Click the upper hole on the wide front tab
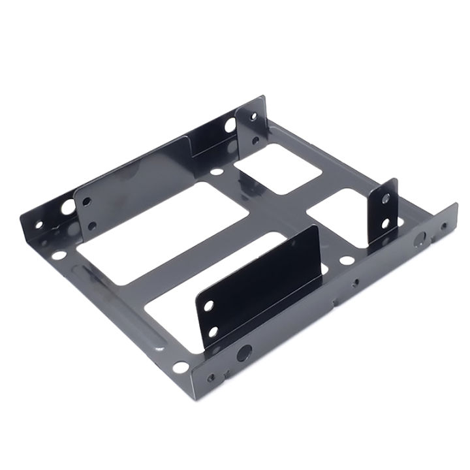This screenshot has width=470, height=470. coord(209,305)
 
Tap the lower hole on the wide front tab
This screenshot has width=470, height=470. coord(213,331)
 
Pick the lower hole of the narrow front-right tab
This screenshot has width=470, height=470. coord(386,223)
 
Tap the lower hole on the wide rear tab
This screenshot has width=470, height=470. coord(91,225)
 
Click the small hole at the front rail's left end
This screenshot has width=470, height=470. coord(210,377)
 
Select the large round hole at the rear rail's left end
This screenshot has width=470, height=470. coord(67,210)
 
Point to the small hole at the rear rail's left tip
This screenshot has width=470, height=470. coord(38,225)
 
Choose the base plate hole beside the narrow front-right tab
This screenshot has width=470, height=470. coord(347,260)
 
